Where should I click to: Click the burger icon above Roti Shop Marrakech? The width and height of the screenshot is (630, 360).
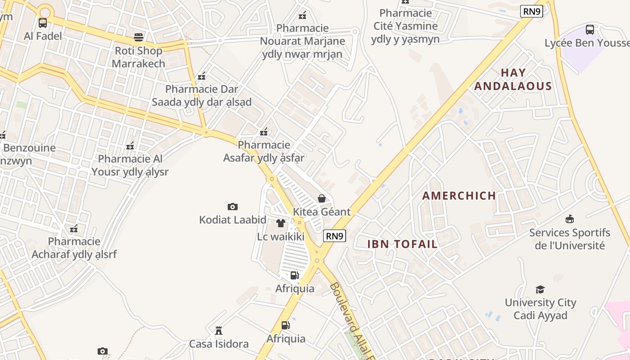pyautogui.click(x=139, y=37)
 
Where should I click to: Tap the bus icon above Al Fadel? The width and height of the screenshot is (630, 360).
pyautogui.click(x=43, y=22)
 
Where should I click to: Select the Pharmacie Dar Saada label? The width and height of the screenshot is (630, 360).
pyautogui.click(x=202, y=95)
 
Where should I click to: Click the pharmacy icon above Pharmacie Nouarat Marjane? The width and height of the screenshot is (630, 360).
pyautogui.click(x=302, y=15)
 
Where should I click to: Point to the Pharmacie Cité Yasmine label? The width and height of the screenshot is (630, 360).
pyautogui.click(x=405, y=26)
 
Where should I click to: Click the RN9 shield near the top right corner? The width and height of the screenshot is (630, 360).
pyautogui.click(x=531, y=11)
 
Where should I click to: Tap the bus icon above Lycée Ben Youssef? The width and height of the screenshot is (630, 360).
pyautogui.click(x=589, y=30)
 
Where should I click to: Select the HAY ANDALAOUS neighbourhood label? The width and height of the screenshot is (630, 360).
pyautogui.click(x=513, y=80)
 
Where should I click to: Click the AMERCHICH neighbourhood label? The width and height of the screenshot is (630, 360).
pyautogui.click(x=459, y=196)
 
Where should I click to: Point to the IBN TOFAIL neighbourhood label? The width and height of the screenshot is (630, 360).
pyautogui.click(x=402, y=244)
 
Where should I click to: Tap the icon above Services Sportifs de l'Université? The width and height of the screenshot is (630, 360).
pyautogui.click(x=570, y=219)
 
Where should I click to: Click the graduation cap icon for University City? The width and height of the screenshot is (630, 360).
pyautogui.click(x=540, y=289)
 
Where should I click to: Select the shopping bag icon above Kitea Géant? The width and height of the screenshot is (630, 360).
pyautogui.click(x=322, y=198)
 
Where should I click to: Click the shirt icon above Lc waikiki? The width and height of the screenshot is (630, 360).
pyautogui.click(x=281, y=223)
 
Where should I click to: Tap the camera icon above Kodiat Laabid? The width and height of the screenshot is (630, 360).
pyautogui.click(x=232, y=207)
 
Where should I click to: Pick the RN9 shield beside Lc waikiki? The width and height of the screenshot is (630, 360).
pyautogui.click(x=334, y=236)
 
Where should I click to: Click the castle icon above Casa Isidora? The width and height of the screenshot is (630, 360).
pyautogui.click(x=219, y=331)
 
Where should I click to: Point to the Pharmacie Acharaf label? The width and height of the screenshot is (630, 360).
pyautogui.click(x=74, y=248)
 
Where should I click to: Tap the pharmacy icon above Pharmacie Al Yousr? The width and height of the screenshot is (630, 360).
pyautogui.click(x=130, y=145)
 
